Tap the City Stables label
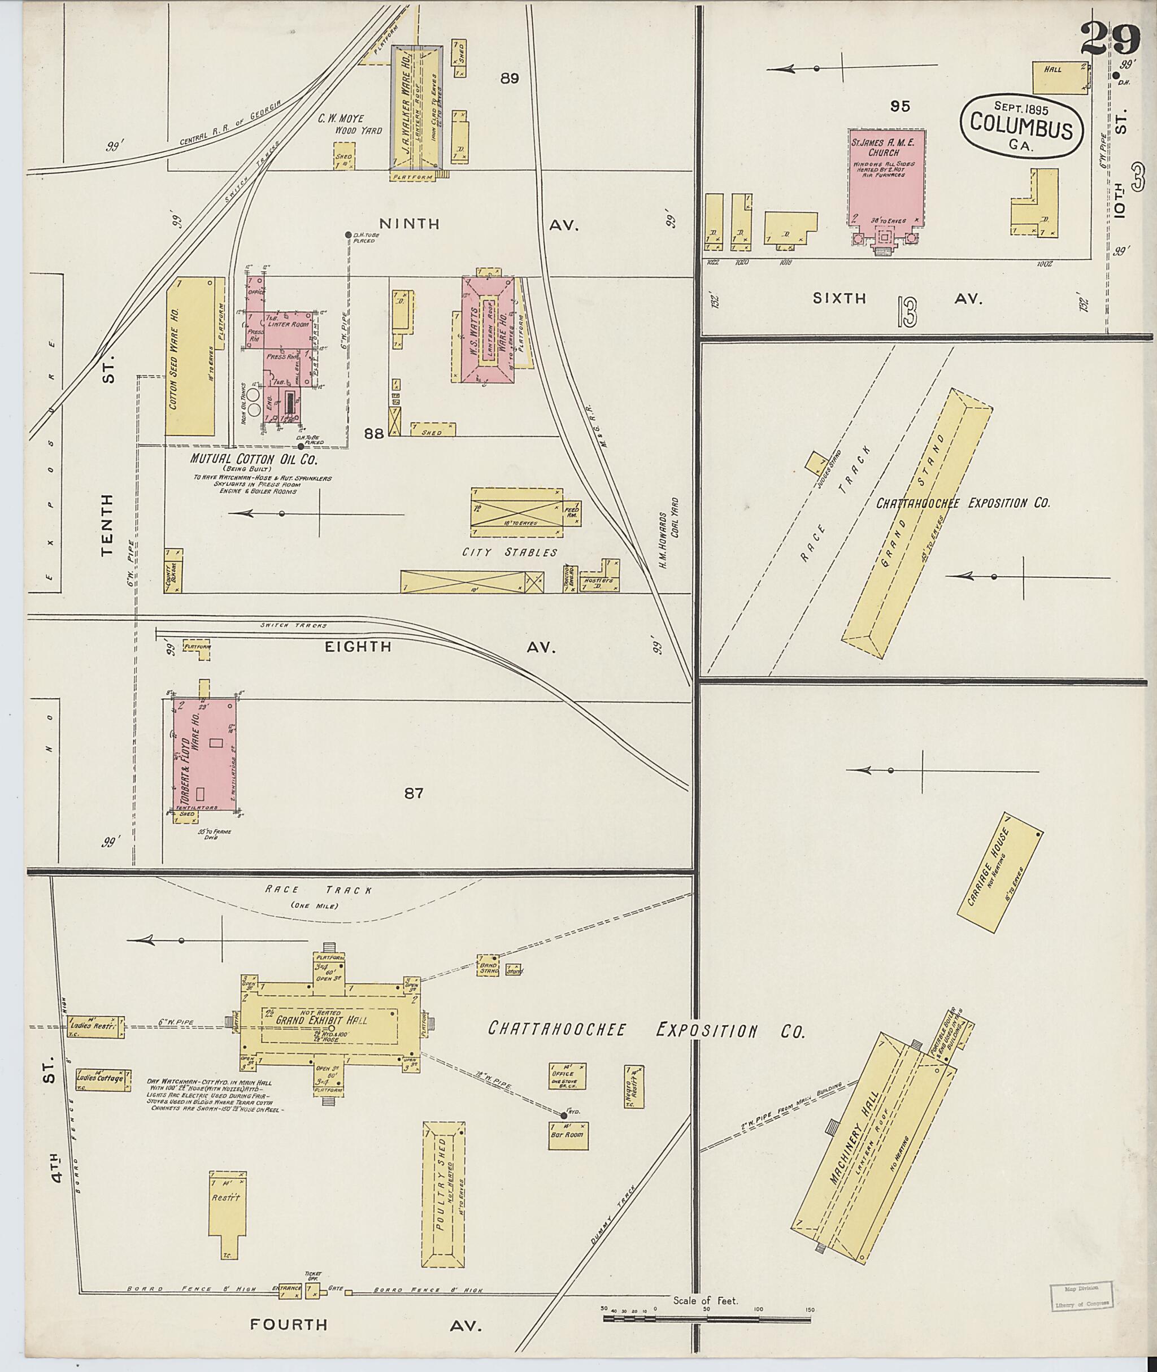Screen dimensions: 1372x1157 510,552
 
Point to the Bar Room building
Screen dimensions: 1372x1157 568,1135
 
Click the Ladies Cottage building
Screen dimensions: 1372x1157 103,1079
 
